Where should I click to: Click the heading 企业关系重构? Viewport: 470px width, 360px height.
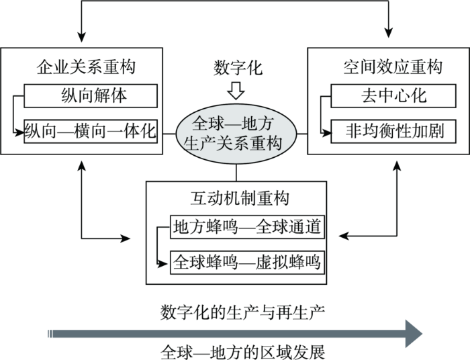86,66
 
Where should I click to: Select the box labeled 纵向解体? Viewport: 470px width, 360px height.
91,96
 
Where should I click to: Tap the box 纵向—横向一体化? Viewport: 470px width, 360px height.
91,131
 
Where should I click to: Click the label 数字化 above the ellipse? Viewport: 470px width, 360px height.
238,68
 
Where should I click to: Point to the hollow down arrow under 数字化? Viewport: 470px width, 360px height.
236,90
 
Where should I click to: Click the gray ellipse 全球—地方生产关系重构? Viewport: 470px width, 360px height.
236,134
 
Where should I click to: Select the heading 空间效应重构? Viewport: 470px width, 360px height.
393,66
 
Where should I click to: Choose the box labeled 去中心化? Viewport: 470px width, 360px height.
393,96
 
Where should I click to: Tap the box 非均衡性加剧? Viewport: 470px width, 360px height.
393,131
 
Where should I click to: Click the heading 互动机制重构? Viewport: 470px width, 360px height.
240,198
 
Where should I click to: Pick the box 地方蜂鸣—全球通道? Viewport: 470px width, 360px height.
247,227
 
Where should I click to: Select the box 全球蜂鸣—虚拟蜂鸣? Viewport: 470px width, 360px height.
247,263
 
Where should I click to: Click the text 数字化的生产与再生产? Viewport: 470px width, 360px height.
242,312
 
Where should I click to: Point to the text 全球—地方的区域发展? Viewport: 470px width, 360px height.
242,352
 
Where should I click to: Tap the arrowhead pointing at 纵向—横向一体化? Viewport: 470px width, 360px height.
19,132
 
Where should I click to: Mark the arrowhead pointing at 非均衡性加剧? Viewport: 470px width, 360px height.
327,132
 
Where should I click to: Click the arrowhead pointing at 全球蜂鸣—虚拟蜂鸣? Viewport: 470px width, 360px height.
162,264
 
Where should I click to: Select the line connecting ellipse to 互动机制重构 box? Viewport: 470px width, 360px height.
236,173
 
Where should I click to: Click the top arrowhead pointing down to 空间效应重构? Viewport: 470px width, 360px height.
389,32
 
